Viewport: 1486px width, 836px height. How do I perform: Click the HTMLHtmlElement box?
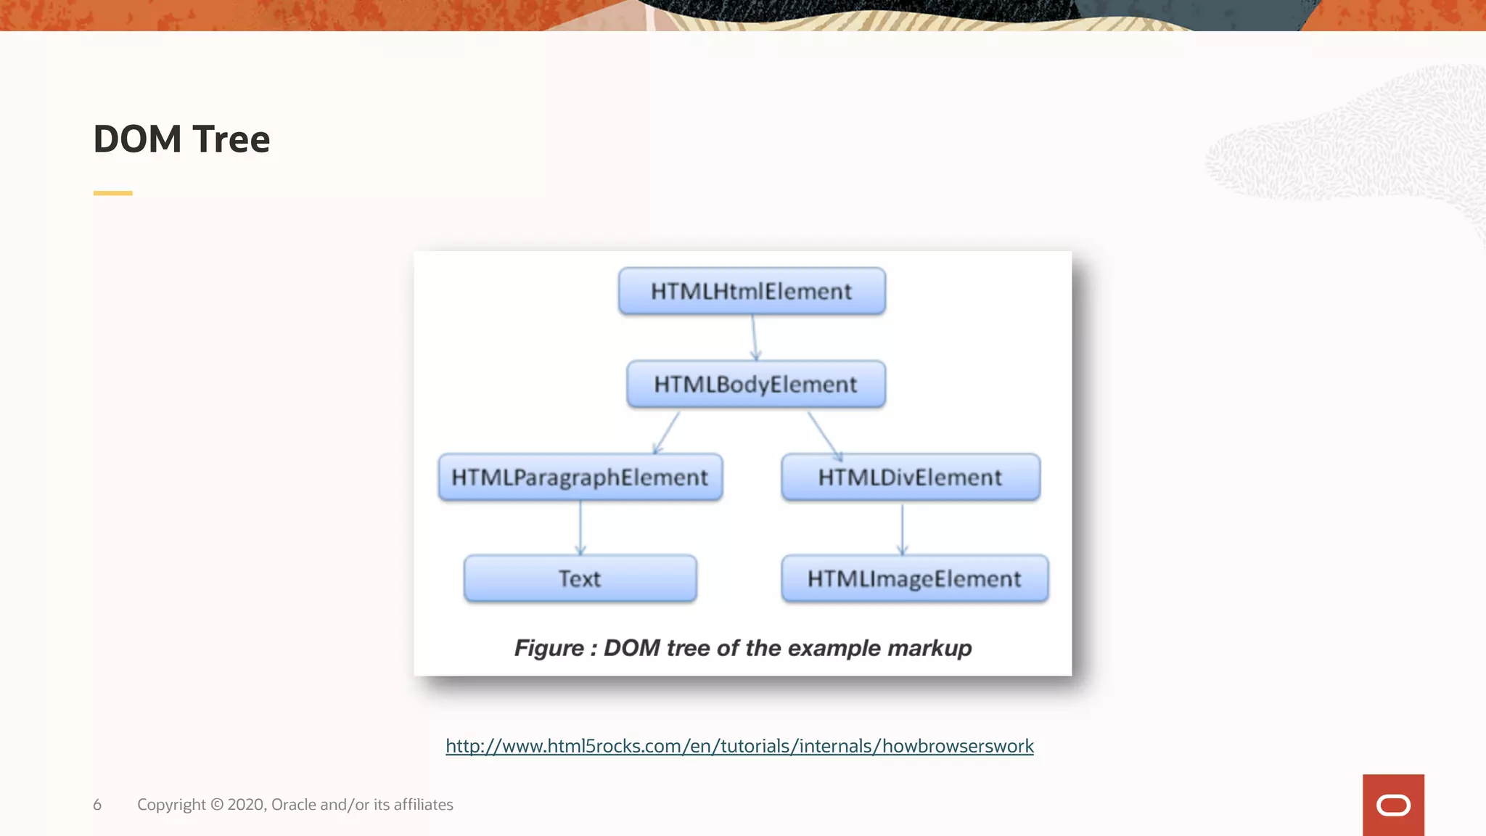pos(752,291)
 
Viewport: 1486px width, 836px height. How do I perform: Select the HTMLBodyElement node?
pos(755,384)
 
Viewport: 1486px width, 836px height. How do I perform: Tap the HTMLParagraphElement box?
pos(580,478)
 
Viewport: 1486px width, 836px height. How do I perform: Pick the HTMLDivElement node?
pos(910,478)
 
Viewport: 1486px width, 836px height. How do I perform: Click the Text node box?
pos(580,578)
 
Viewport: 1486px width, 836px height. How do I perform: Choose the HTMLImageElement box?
pos(914,578)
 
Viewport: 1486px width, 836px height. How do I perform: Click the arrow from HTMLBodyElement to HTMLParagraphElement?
pos(667,433)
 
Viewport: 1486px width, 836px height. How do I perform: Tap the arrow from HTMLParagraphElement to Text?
pos(580,528)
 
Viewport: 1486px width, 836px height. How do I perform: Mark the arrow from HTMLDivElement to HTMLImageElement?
pos(902,528)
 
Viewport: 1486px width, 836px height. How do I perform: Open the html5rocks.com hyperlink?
pos(739,746)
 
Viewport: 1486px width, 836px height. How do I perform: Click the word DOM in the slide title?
pos(137,139)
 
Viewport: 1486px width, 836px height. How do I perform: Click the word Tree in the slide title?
pos(231,139)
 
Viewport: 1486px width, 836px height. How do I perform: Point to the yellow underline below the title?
pos(112,193)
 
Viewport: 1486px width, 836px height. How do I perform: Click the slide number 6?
pos(97,805)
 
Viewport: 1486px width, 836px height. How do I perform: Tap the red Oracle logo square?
pos(1393,805)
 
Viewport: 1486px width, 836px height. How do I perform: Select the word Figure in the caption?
pos(549,648)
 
